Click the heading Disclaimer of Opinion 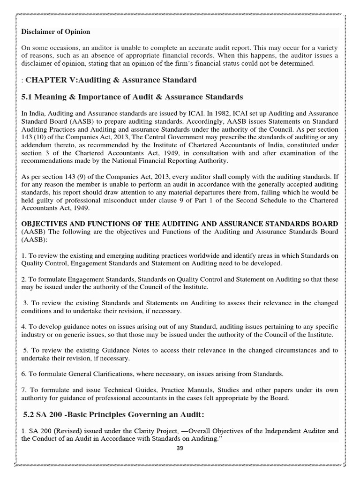[x=56, y=32]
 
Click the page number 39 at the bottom [x=180, y=448]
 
